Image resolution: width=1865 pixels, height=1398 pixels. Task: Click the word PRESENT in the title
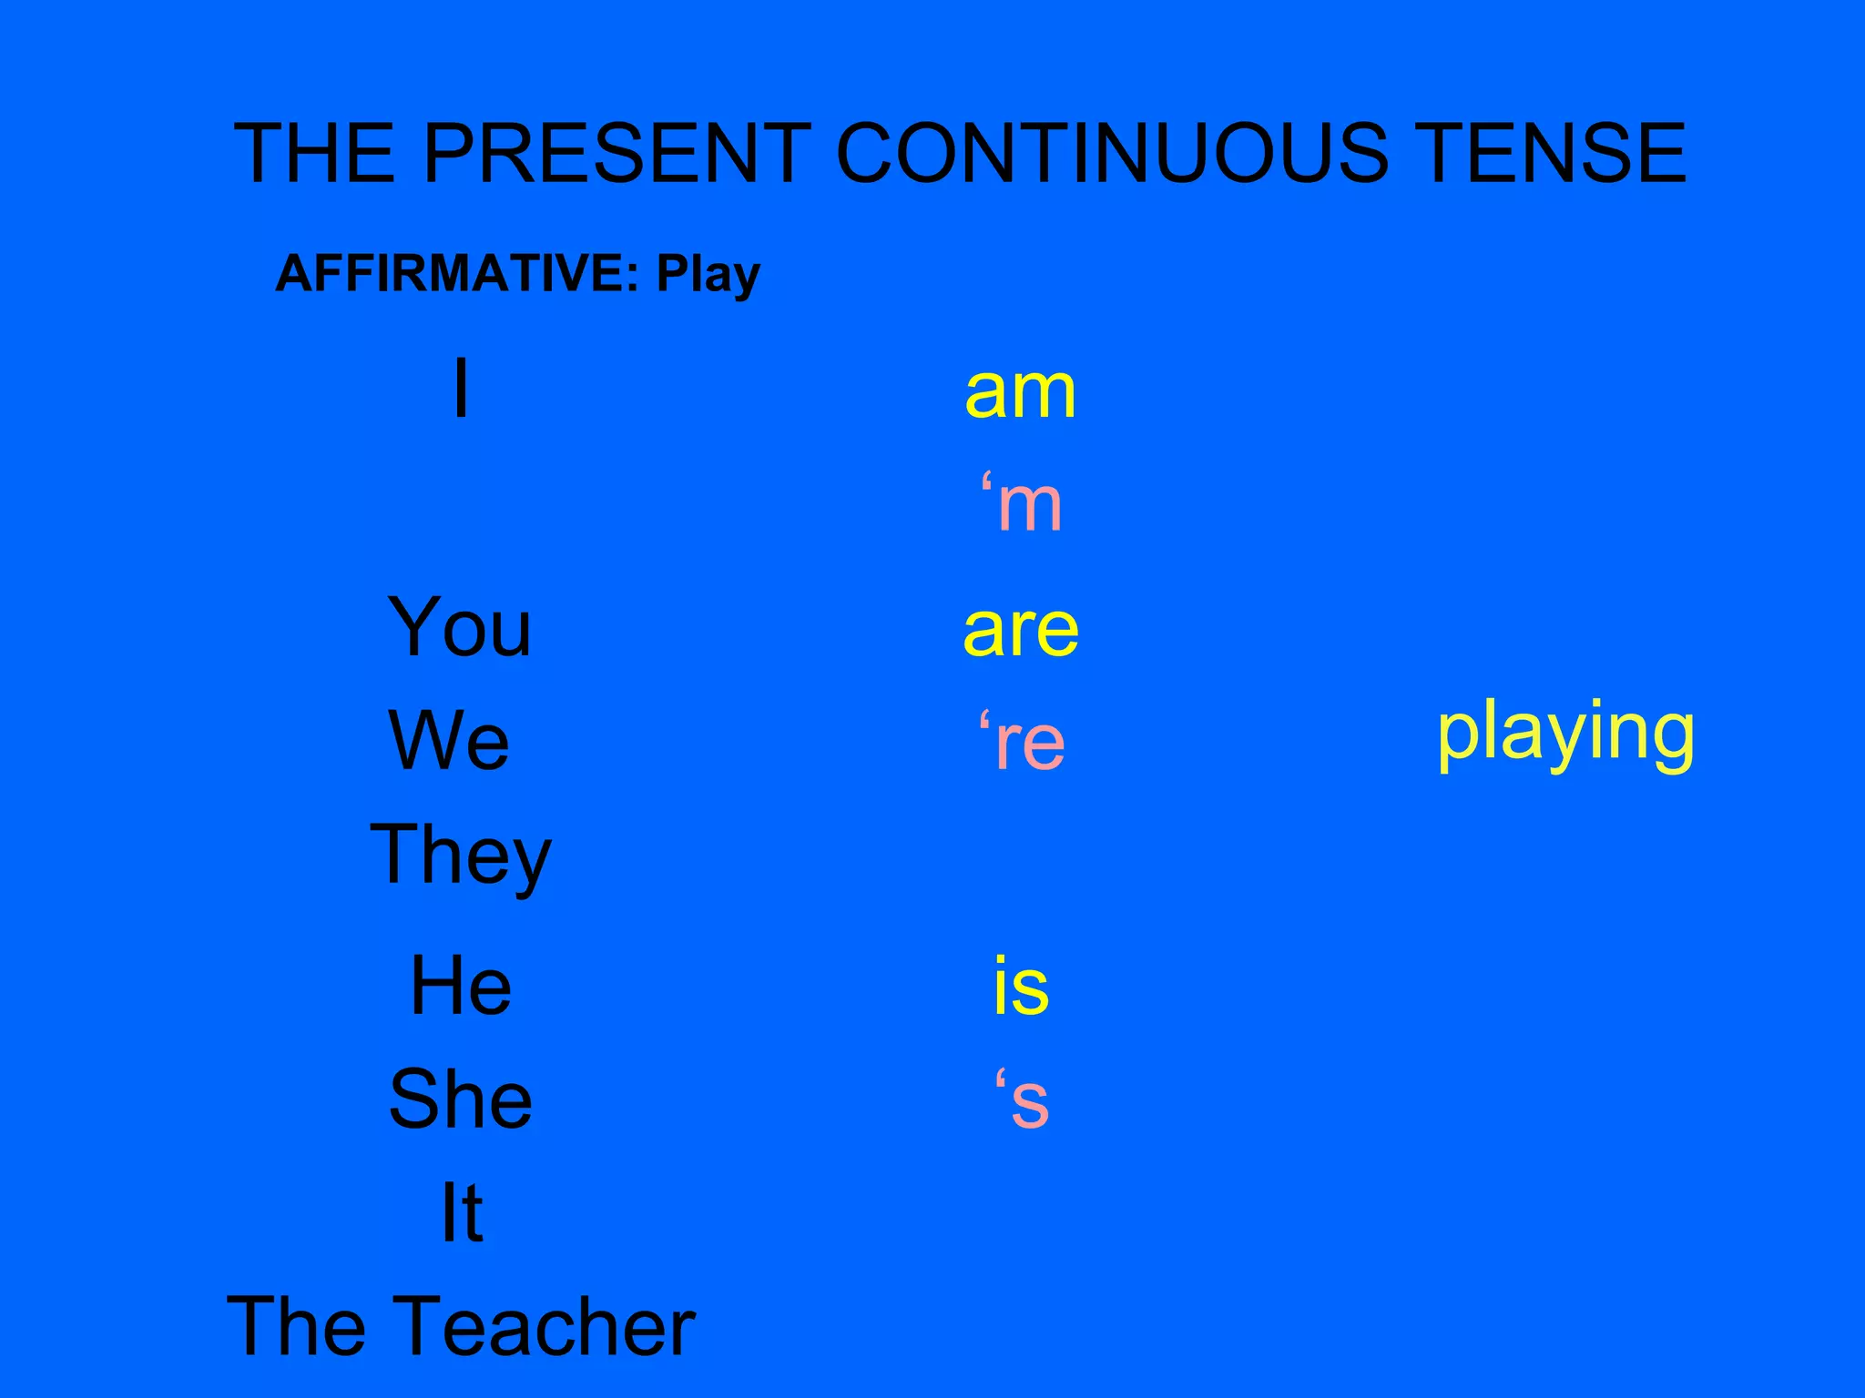coord(617,153)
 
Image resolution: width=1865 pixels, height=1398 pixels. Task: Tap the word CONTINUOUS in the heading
coord(1112,153)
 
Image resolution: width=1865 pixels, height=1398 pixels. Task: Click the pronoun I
coord(462,389)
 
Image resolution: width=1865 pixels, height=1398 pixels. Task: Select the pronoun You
coord(460,627)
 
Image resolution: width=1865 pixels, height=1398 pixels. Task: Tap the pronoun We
coord(449,741)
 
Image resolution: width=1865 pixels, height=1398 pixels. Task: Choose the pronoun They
coord(461,856)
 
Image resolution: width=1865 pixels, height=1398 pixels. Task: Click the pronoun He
coord(461,986)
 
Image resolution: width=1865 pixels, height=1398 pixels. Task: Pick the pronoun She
coord(461,1099)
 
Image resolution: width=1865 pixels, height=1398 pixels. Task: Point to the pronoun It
coord(462,1212)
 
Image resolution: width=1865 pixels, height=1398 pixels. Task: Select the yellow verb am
coord(1020,393)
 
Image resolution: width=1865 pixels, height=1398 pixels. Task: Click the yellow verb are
coord(1021,630)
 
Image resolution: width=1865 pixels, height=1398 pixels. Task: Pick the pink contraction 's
coord(1022,1099)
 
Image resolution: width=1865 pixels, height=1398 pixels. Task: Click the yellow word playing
coord(1565,734)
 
